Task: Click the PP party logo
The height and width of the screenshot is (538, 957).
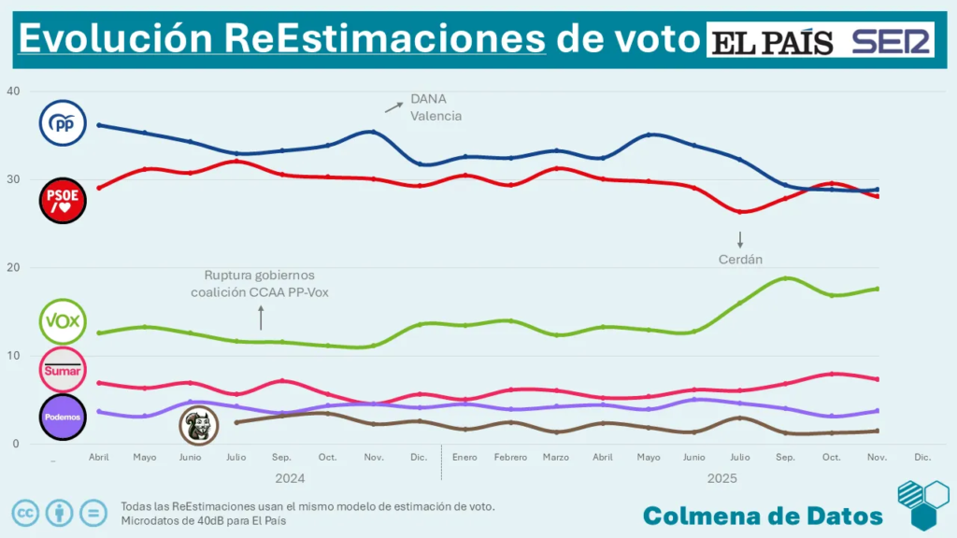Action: coord(63,123)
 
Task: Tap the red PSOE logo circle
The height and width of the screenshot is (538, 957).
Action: coord(63,202)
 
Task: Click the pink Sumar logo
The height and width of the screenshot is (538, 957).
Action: coord(63,370)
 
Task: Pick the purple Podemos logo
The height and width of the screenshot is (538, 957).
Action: coord(63,417)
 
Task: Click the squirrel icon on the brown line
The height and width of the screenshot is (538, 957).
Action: coord(198,426)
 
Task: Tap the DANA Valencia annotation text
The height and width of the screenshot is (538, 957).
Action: coord(436,108)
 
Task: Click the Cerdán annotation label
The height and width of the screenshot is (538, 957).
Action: coord(739,260)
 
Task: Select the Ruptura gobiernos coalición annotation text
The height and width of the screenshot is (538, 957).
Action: coord(260,284)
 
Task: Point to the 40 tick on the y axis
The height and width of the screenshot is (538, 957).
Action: coord(12,92)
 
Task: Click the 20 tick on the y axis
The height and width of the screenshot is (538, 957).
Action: coord(12,268)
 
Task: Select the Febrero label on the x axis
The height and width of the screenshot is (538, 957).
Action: coord(510,458)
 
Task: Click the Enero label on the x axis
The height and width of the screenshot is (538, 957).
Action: coord(464,458)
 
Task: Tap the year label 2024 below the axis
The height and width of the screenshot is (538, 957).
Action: coord(290,478)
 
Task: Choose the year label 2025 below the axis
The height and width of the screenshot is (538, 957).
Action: coord(721,478)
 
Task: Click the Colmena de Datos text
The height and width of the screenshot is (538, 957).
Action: coord(763,516)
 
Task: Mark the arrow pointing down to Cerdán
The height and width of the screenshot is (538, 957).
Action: coord(739,239)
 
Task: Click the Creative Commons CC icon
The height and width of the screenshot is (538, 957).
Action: coord(25,513)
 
